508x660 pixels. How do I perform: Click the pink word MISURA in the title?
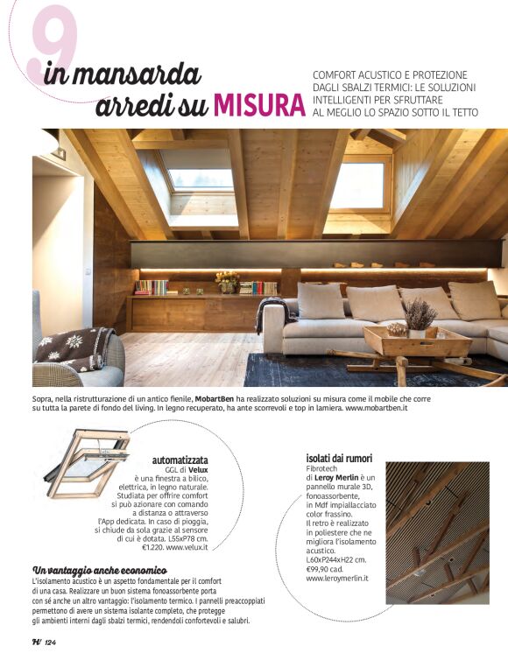[x=253, y=105]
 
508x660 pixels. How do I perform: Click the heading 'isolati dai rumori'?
[x=339, y=458]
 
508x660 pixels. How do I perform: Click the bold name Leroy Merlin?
[x=345, y=477]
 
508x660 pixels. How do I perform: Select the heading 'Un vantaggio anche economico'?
[x=92, y=570]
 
